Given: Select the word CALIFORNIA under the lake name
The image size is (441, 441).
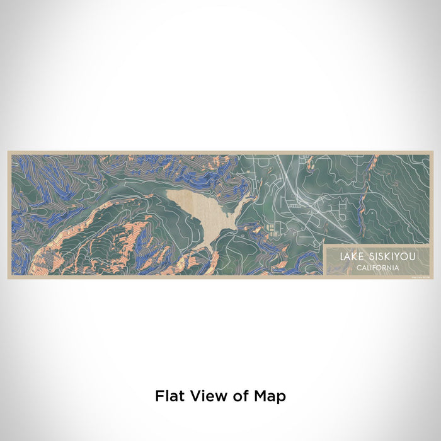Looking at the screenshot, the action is [377, 268].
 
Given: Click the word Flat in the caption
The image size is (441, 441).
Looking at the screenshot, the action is [169, 396].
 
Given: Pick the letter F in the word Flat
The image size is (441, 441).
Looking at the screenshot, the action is [159, 396].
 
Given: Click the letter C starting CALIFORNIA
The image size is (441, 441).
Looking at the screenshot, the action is [357, 268].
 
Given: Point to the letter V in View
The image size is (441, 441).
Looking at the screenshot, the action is [193, 396].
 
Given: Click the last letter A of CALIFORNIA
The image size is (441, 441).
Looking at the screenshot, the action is [396, 268].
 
